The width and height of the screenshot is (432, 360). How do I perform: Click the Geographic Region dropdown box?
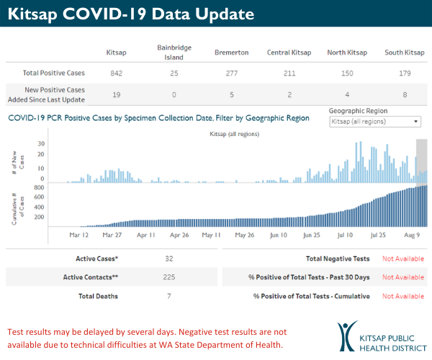pos(374,122)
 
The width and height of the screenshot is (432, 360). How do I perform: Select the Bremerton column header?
pos(231,53)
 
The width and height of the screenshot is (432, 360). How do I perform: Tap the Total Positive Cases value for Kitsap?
pos(116,74)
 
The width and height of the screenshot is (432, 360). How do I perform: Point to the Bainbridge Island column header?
pos(174,52)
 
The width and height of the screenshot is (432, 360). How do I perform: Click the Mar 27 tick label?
pos(112,235)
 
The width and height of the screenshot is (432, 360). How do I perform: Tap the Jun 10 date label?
pos(278,235)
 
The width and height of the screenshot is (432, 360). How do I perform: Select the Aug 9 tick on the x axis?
pos(412,235)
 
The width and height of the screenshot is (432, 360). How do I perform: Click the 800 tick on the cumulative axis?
pos(40,187)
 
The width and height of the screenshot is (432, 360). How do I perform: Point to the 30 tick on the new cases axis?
pos(41,144)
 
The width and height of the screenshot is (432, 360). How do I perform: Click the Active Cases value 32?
pos(168,258)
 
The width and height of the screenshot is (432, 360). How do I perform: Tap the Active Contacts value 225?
pos(168,277)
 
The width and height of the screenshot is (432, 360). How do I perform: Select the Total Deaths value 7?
pos(168,296)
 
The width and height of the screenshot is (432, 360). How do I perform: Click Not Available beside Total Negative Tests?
pos(402,258)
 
